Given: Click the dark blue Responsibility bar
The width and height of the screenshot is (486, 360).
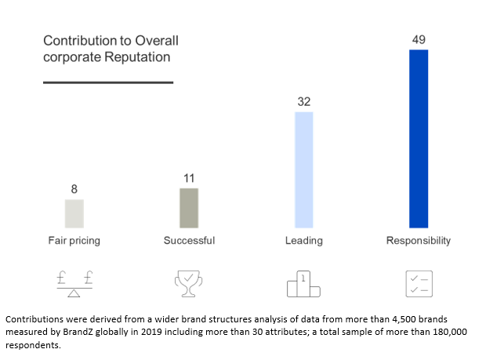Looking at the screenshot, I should (x=419, y=138).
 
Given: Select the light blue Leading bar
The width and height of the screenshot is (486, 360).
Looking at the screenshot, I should (x=303, y=169).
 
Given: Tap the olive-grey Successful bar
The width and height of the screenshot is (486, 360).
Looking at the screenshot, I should (x=189, y=207).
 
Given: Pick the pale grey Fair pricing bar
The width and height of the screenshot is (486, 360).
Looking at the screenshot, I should (x=74, y=213).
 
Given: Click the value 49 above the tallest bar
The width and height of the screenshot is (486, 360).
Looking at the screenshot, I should (x=419, y=39).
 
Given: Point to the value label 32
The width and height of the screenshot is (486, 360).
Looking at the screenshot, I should (x=303, y=102).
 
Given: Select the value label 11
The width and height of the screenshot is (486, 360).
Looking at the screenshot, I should (x=189, y=178).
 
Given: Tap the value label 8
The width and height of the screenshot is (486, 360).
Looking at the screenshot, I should (x=74, y=189).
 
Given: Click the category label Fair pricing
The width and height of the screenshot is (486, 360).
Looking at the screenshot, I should (x=74, y=241).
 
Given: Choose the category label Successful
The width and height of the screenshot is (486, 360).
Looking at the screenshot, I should (x=189, y=241).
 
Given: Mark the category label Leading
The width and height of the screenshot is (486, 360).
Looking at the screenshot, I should (x=303, y=241).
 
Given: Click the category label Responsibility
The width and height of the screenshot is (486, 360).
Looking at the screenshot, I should (x=419, y=241).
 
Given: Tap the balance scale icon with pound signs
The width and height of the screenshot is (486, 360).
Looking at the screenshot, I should (x=74, y=284).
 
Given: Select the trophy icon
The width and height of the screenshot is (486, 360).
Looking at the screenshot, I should (x=189, y=284).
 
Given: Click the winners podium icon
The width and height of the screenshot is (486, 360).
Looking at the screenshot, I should (x=303, y=285).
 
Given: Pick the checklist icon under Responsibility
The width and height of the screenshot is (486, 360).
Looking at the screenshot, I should (x=418, y=285).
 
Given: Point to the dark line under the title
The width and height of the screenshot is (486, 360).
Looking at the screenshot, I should (x=107, y=82).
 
